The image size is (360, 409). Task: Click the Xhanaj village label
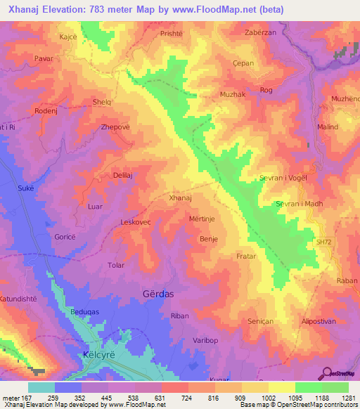[x=181, y=199]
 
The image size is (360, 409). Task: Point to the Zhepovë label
[x=115, y=128]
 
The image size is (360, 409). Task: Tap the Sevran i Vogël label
[x=283, y=178]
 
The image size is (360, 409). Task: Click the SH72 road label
[x=323, y=242]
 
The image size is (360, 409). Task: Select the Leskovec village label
[x=136, y=222]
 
